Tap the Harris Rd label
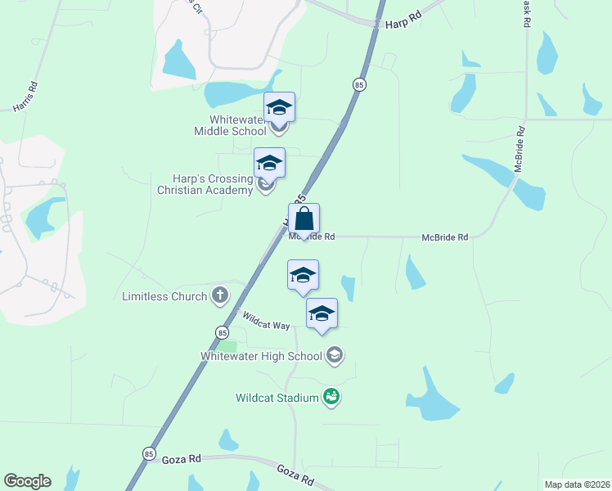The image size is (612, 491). point(26,97)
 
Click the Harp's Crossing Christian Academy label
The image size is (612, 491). point(205,184)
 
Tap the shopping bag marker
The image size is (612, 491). point(304,219)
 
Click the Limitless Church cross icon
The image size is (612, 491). point(219,295)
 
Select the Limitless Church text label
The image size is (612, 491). point(164,296)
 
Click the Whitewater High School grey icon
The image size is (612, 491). point(334,355)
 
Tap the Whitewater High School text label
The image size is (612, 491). point(262,356)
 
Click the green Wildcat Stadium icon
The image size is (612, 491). point(331,398)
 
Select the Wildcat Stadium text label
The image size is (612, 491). point(277,399)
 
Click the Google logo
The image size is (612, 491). point(27,481)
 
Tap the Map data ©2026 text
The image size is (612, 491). point(577,484)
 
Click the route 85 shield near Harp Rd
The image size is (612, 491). point(358,84)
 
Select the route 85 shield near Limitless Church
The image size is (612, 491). point(222,331)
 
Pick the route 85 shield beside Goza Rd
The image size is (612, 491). point(148,453)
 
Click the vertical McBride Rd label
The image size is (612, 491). point(518,150)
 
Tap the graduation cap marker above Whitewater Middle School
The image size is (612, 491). point(279,107)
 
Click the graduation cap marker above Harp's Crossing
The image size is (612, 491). point(269,163)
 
